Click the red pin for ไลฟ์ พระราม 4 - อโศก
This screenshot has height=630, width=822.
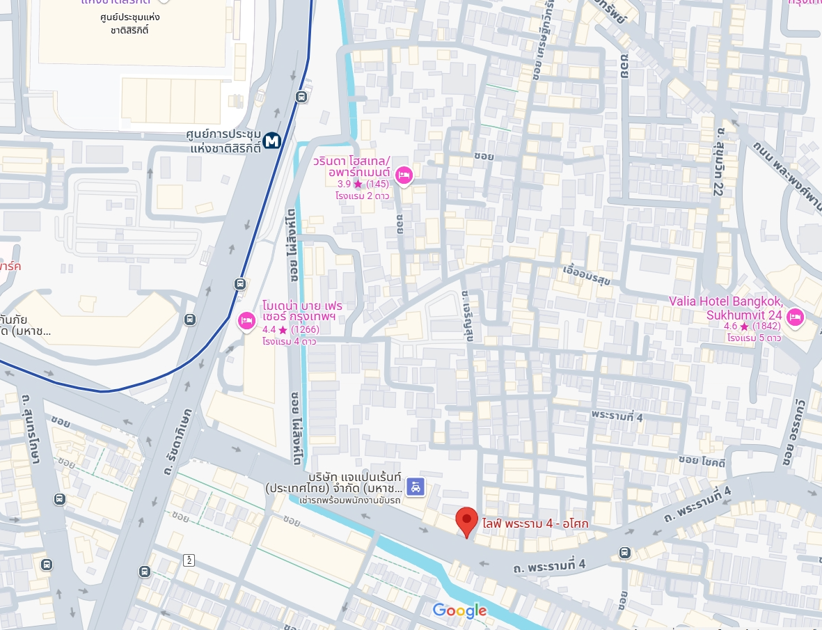click(x=466, y=521)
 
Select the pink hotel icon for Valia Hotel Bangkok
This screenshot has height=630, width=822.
click(x=795, y=318)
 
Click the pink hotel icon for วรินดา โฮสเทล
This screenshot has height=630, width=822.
click(x=403, y=175)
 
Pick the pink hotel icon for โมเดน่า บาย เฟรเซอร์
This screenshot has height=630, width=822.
click(x=246, y=321)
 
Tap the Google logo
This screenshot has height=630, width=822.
click(x=459, y=611)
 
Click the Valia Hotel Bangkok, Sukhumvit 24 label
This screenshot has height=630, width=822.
click(x=726, y=308)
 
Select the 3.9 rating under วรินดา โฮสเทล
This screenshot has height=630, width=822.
click(x=362, y=184)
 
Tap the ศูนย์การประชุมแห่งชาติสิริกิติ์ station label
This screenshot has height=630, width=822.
click(x=224, y=141)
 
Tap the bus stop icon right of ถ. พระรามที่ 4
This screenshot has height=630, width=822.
click(x=624, y=553)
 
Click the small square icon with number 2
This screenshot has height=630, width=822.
click(x=188, y=560)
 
